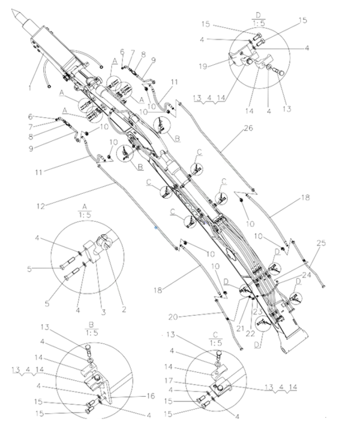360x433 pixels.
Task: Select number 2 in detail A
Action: pyautogui.click(x=124, y=309)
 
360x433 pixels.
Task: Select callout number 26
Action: pyautogui.click(x=247, y=130)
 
